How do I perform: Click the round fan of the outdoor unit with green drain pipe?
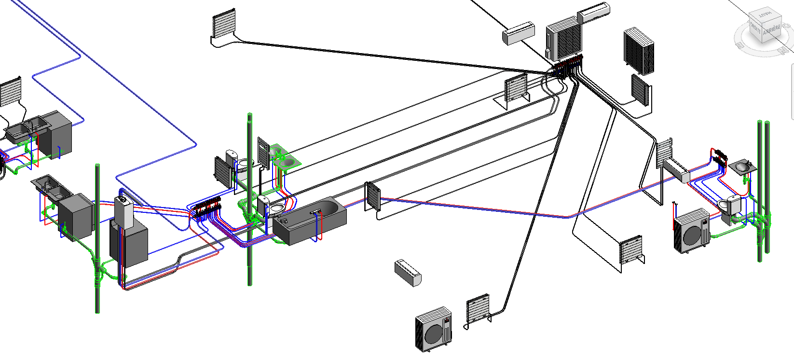pyautogui.click(x=692, y=235)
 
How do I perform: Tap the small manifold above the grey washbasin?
pyautogui.click(x=720, y=155)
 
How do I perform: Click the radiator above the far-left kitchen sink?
pyautogui.click(x=11, y=91)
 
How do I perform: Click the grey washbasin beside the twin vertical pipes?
pyautogui.click(x=742, y=167)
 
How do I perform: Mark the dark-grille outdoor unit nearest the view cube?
pyautogui.click(x=639, y=52)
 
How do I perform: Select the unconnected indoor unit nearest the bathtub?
pyautogui.click(x=408, y=273)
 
